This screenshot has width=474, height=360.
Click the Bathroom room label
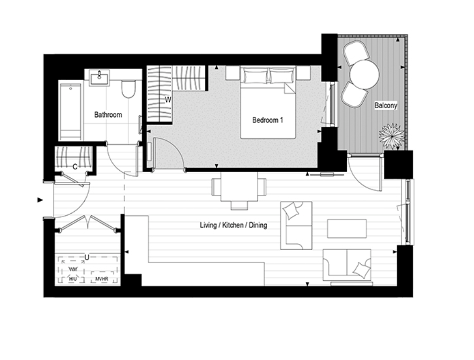pyautogui.click(x=108, y=115)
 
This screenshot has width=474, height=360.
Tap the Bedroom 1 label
pyautogui.click(x=268, y=120)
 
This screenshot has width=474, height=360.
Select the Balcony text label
pyautogui.click(x=386, y=105)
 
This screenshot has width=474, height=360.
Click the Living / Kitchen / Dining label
pyautogui.click(x=234, y=225)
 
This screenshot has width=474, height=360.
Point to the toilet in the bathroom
pyautogui.click(x=128, y=89)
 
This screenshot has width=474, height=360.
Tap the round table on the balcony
pyautogui.click(x=364, y=75)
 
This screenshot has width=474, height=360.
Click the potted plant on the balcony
pyautogui.click(x=392, y=136)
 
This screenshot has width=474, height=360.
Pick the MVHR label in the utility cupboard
pyautogui.click(x=102, y=279)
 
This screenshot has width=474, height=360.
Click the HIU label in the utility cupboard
pyautogui.click(x=73, y=279)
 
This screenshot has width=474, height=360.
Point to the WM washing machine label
pyautogui.click(x=73, y=269)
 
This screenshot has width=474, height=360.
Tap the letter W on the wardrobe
pyautogui.click(x=168, y=100)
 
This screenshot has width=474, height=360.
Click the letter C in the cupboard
pyautogui.click(x=75, y=167)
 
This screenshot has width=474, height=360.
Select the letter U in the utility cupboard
pyautogui.click(x=87, y=258)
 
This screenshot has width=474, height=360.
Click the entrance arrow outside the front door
pyautogui.click(x=40, y=200)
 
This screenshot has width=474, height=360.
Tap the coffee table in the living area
pyautogui.click(x=347, y=228)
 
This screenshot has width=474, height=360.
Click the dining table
pyautogui.click(x=239, y=186)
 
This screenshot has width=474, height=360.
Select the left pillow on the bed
pyautogui.click(x=255, y=76)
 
